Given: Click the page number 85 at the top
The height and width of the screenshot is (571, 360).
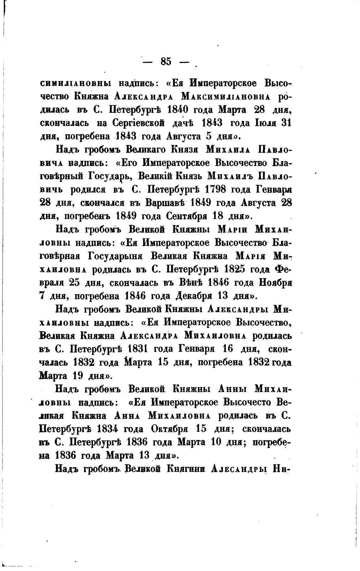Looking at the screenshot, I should [166, 61].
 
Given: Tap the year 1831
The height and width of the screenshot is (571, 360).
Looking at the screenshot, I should [140, 349].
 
